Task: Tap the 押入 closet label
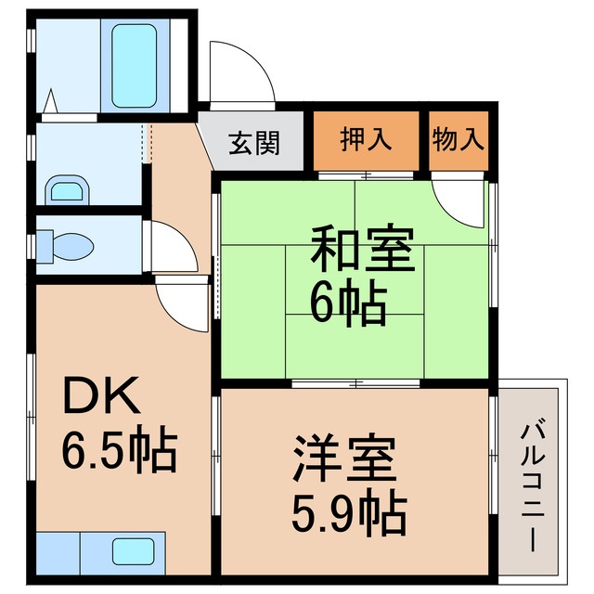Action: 366,140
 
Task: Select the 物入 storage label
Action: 458,140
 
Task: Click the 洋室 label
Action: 345,458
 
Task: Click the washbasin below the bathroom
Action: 68,189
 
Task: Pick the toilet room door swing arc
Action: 173,245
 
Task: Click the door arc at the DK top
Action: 184,305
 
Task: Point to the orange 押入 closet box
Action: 366,141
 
